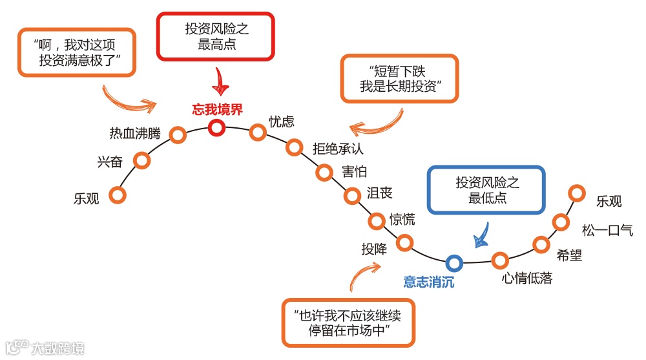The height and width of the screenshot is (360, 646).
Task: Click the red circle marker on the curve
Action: click(x=217, y=127)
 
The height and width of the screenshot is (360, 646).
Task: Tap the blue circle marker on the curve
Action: click(x=454, y=262)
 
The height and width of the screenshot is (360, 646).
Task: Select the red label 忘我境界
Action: click(x=217, y=109)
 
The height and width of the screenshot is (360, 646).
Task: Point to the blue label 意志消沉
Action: click(x=429, y=282)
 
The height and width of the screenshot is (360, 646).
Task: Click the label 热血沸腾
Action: click(x=134, y=134)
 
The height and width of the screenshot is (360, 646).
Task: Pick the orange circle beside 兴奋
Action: click(x=142, y=160)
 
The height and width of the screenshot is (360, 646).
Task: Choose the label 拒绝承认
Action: click(x=338, y=149)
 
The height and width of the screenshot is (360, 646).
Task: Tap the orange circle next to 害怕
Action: click(x=324, y=172)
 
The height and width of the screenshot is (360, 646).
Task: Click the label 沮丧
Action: click(x=379, y=193)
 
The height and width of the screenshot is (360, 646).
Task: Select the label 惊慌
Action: click(x=402, y=219)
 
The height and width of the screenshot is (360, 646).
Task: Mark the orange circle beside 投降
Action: click(x=404, y=243)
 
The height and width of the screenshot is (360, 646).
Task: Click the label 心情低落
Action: click(x=527, y=279)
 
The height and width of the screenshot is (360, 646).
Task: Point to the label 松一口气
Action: click(x=608, y=230)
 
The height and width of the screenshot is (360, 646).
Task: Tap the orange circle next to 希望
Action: click(x=541, y=244)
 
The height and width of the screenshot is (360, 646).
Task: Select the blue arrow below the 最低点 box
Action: click(x=481, y=235)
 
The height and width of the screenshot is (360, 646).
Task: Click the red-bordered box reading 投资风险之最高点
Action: click(x=216, y=37)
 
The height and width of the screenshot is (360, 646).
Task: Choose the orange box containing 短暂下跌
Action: click(x=400, y=78)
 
